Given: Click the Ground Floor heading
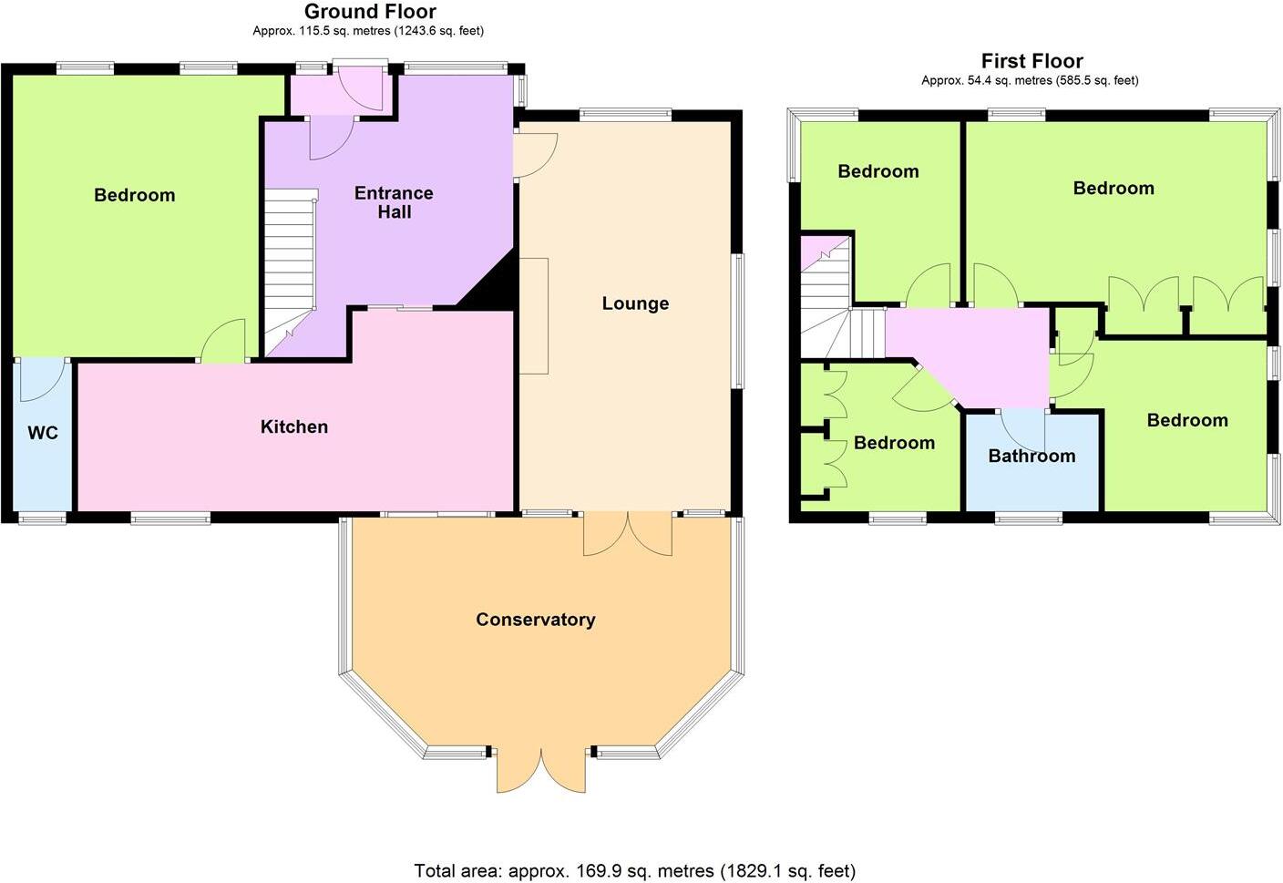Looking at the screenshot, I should coord(369,12).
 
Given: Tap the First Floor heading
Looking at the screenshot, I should coord(1032,61).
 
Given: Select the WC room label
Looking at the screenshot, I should coord(43,433).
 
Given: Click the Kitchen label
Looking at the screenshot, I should coord(293,426).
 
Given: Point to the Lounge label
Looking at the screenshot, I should coord(635,303).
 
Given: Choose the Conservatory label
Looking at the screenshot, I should coord(535,620).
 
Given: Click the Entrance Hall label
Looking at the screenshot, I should coord(394,202).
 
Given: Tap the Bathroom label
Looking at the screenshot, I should coord(1032,456).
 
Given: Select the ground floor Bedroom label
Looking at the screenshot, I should coord(134,195).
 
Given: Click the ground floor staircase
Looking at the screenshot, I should coord(290,264).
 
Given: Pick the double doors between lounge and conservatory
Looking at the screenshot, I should coord(628,535).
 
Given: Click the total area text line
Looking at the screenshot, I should coord(634,870).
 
